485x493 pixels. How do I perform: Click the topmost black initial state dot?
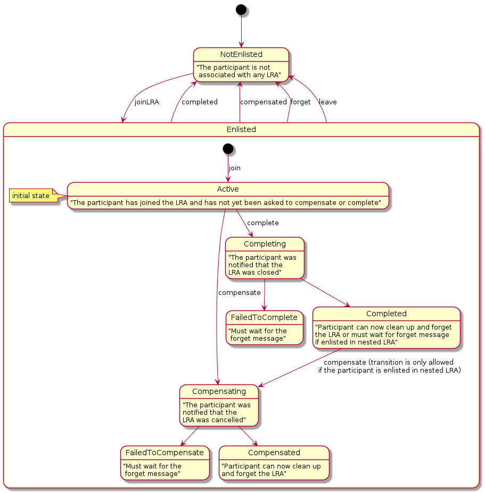241,9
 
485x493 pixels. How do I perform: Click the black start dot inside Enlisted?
228,149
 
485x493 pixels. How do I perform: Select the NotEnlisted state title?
241,55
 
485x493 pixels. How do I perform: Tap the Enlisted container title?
241,129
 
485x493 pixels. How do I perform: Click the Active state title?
228,189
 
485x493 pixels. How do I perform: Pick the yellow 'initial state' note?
31,196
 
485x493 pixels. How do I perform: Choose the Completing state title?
265,244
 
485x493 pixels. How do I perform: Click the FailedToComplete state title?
264,317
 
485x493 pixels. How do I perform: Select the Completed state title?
387,314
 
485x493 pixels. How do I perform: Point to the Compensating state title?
219,391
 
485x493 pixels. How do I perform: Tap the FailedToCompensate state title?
165,453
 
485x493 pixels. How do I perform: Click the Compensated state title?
274,453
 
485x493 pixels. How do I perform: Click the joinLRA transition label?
146,102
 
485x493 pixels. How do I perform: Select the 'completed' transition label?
200,102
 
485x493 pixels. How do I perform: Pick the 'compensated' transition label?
263,102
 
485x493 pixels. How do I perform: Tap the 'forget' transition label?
300,102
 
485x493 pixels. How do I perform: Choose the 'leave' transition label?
327,102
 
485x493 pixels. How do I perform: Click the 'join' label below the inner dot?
234,168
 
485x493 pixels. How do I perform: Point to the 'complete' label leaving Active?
262,223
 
